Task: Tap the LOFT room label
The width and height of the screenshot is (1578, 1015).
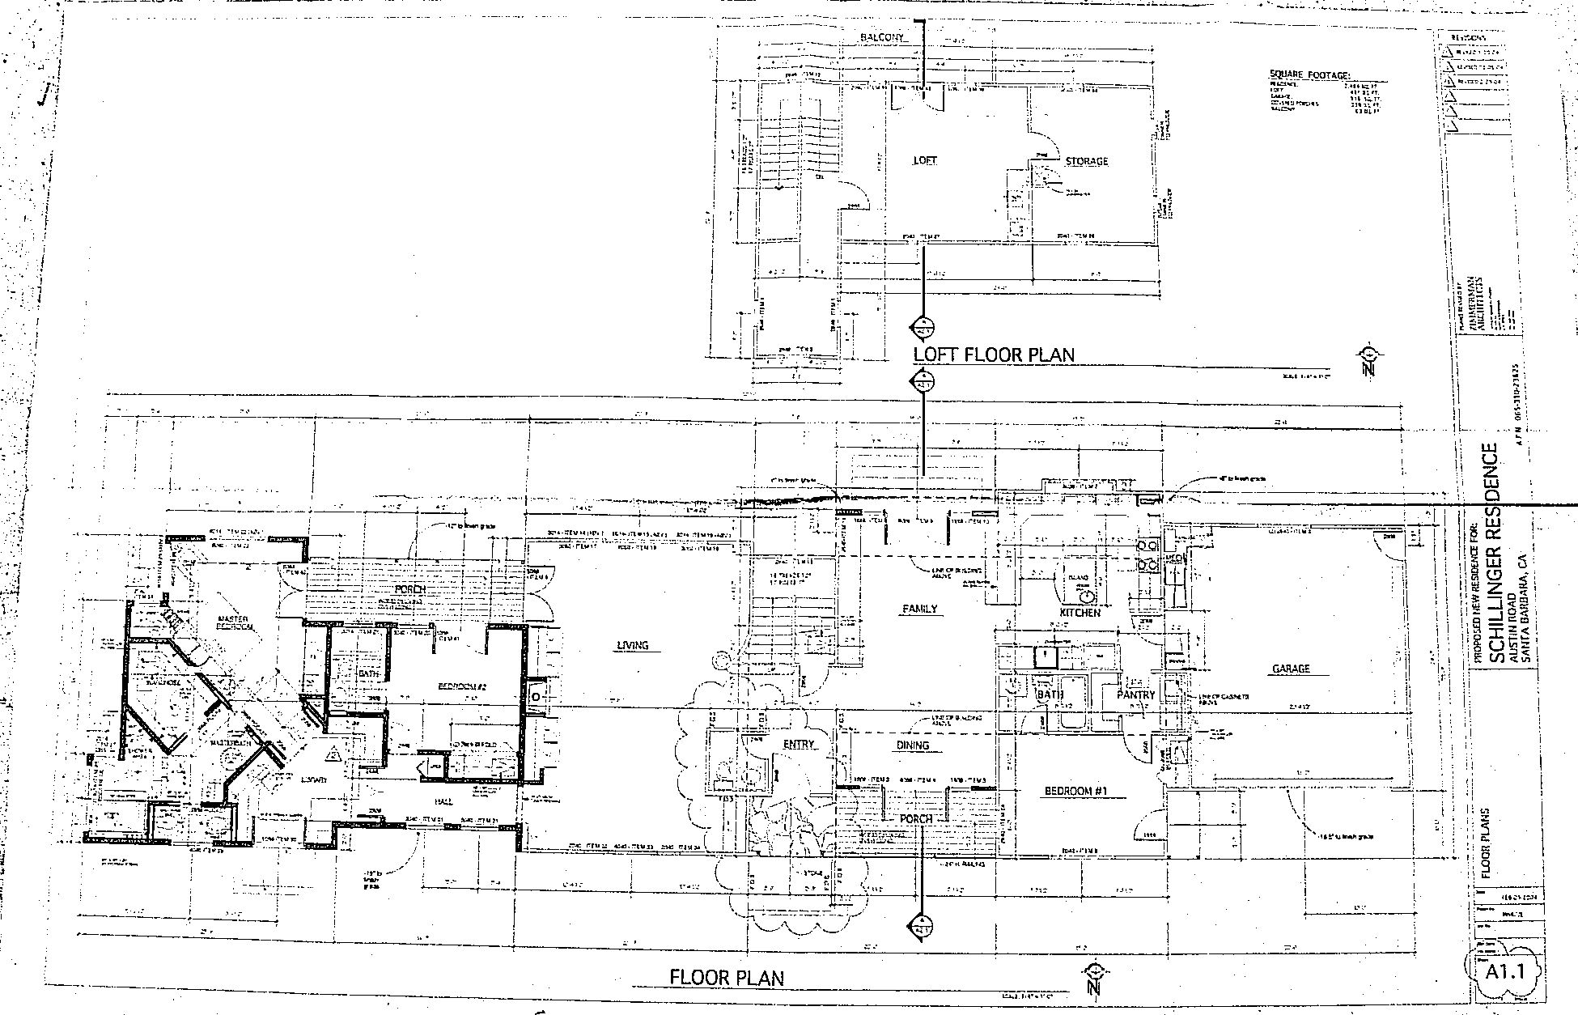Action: tap(924, 160)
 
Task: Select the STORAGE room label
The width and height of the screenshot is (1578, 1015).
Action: tap(1086, 161)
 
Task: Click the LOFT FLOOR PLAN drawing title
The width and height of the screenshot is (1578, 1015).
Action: tap(994, 355)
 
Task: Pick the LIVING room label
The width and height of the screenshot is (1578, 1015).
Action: tap(633, 645)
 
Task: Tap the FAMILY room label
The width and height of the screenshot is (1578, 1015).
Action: tap(919, 609)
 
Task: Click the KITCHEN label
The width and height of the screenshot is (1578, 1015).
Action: tap(1080, 613)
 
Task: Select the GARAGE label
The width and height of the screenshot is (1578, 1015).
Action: tap(1291, 669)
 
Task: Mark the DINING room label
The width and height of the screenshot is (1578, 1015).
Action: tap(913, 745)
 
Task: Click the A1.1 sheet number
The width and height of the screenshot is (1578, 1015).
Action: tap(1504, 971)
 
